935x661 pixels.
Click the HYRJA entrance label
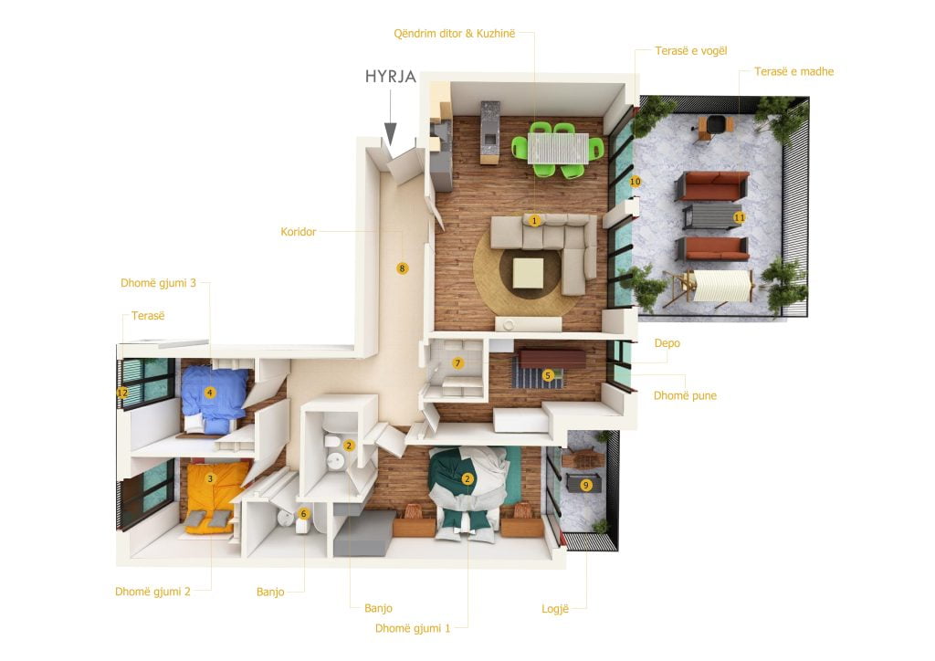pyautogui.click(x=391, y=77)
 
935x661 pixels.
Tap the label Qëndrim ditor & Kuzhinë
pyautogui.click(x=455, y=34)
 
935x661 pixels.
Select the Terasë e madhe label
pyautogui.click(x=793, y=71)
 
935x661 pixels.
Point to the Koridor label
pyautogui.click(x=299, y=232)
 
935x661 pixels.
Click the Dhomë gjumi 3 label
pyautogui.click(x=158, y=283)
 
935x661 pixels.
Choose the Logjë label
pyautogui.click(x=555, y=609)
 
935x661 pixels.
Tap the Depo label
pyautogui.click(x=667, y=343)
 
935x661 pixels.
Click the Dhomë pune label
pyautogui.click(x=685, y=395)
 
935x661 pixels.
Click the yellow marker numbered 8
pyautogui.click(x=402, y=268)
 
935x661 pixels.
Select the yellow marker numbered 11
pyautogui.click(x=740, y=217)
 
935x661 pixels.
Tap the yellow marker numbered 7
pyautogui.click(x=457, y=363)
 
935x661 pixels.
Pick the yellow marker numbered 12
pyautogui.click(x=122, y=393)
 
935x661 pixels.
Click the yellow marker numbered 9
pyautogui.click(x=585, y=485)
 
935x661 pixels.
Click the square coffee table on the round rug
pyautogui.click(x=529, y=273)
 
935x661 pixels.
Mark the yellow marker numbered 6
pyautogui.click(x=303, y=514)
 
